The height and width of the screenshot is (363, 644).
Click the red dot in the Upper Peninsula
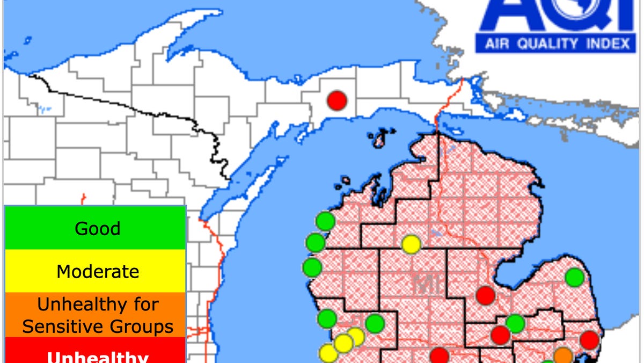[x=338, y=100]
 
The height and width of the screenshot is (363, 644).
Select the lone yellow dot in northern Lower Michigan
[x=411, y=244]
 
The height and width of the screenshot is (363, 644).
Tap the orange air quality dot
[x=563, y=355]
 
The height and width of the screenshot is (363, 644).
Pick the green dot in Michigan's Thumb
[x=574, y=277]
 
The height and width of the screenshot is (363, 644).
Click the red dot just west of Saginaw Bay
[x=485, y=295]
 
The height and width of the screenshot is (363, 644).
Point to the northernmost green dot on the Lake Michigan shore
[x=325, y=221]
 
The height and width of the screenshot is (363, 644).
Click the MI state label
[x=427, y=284]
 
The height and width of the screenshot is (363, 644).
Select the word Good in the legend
[x=97, y=229]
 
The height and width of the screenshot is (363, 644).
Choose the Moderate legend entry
[x=97, y=272]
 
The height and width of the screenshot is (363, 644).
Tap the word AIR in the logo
[x=497, y=44]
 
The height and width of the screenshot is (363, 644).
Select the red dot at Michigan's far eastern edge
[x=589, y=340]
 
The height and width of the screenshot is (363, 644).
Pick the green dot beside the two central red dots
[x=515, y=323]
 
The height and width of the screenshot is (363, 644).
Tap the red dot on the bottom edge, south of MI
[x=439, y=355]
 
